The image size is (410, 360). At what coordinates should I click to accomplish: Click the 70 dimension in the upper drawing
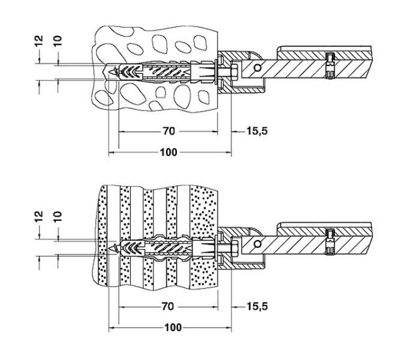coord(169,131)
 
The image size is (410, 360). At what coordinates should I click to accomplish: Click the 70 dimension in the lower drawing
coord(168,306)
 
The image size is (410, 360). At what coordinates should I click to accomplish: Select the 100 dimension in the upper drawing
coord(168,152)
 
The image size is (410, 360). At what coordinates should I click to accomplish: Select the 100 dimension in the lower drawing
coord(173,328)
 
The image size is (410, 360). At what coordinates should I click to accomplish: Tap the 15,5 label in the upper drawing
coord(257,131)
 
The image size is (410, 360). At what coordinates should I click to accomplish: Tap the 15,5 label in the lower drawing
coord(257,306)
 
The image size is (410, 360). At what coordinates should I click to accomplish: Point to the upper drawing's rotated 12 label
coord(39,41)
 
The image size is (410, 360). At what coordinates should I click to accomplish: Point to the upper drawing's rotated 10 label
coord(58,41)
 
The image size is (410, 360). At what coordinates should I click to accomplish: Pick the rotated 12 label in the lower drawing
coord(39,216)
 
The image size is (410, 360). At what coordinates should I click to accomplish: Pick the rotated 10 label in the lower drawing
coord(58,216)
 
